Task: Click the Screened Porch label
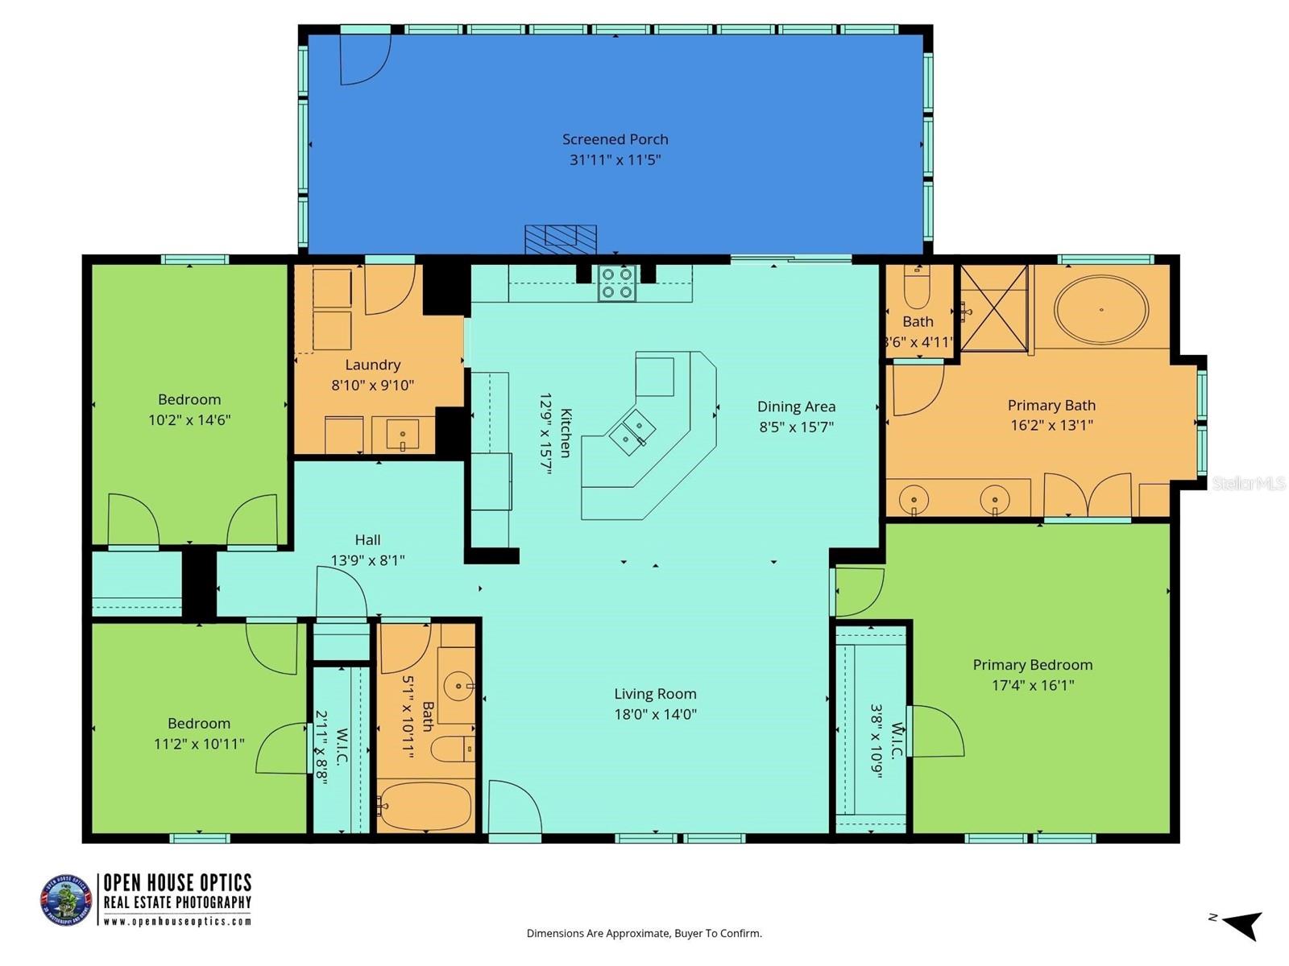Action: pyautogui.click(x=615, y=139)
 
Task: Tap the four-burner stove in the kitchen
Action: pyautogui.click(x=616, y=283)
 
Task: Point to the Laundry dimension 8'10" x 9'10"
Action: pyautogui.click(x=372, y=386)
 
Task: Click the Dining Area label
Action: pyautogui.click(x=796, y=407)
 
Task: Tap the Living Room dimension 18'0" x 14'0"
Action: pyautogui.click(x=655, y=714)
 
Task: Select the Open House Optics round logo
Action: pyautogui.click(x=66, y=900)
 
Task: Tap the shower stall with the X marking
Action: pyautogui.click(x=993, y=308)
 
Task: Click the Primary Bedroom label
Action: pyautogui.click(x=1032, y=665)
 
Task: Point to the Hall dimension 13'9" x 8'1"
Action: pyautogui.click(x=367, y=560)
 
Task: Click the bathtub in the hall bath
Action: pyautogui.click(x=425, y=807)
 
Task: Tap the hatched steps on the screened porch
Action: pyautogui.click(x=560, y=239)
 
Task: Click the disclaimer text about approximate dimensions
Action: pyautogui.click(x=644, y=934)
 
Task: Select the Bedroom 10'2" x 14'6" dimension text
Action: pyautogui.click(x=189, y=419)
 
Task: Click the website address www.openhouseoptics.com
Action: pyautogui.click(x=177, y=922)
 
